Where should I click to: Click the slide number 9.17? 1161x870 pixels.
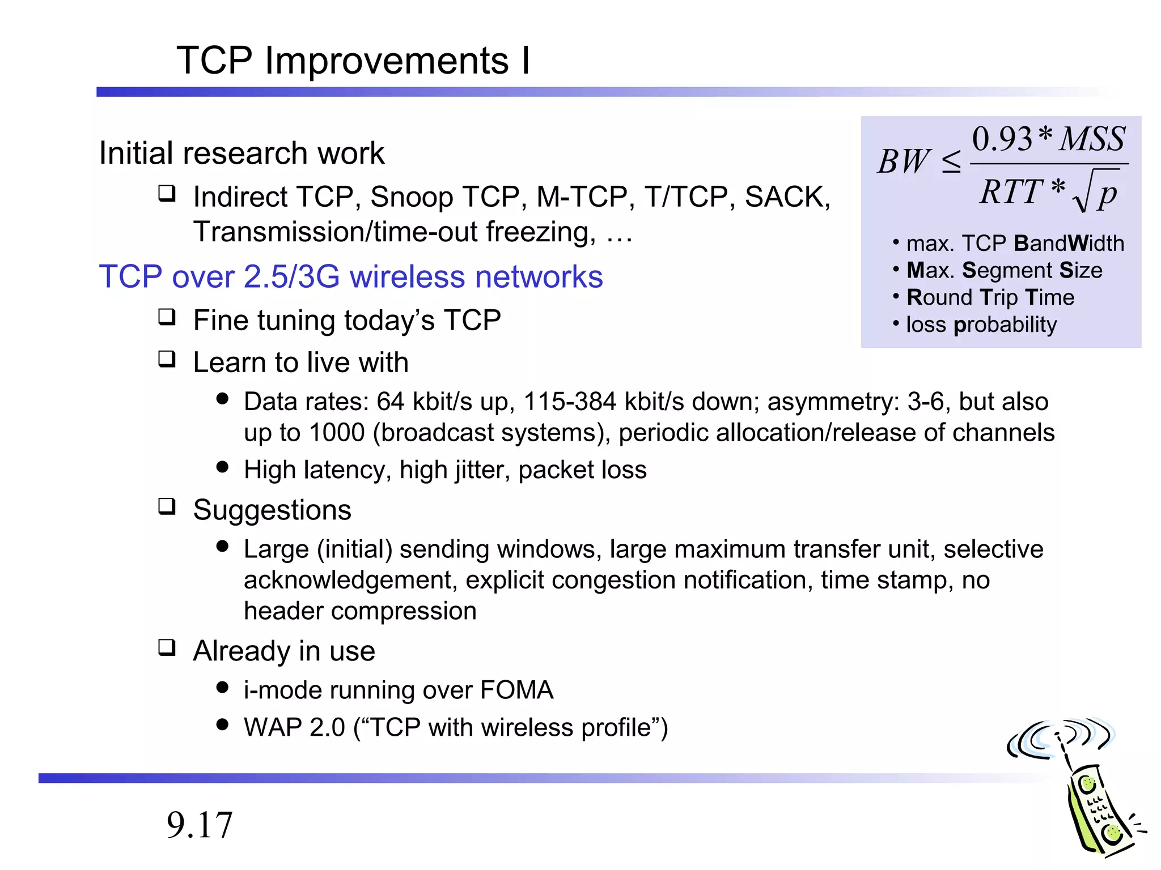click(x=200, y=825)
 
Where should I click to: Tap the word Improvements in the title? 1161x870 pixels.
click(x=386, y=61)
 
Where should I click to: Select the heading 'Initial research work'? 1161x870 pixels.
click(x=241, y=153)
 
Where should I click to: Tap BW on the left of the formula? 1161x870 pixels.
click(x=904, y=161)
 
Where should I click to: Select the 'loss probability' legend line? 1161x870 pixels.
click(x=981, y=325)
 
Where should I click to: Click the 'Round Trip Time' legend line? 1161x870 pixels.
click(x=990, y=297)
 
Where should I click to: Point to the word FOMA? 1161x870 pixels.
click(x=516, y=690)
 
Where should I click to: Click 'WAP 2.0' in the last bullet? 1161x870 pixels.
click(x=294, y=727)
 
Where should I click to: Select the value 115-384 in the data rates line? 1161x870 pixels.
click(x=569, y=402)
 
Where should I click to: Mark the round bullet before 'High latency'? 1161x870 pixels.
click(x=222, y=467)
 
